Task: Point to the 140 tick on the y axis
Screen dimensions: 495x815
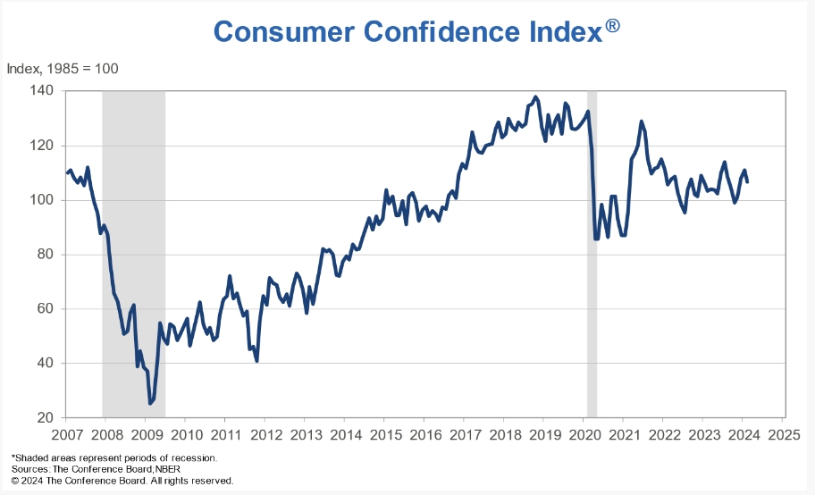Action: point(41,91)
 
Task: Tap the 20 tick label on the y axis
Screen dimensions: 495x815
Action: point(45,417)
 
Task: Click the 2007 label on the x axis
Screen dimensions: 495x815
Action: point(67,436)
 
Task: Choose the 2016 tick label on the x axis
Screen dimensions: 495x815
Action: point(425,436)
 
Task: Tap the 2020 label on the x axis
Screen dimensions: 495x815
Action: point(584,436)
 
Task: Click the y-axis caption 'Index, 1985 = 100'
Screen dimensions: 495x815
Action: point(63,69)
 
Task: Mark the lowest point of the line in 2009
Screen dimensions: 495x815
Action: point(150,404)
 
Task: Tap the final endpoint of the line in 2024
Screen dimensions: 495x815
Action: point(747,182)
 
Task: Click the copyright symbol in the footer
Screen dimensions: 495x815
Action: point(15,481)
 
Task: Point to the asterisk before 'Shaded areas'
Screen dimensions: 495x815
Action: point(13,457)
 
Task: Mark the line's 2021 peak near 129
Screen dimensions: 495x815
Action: point(641,122)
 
